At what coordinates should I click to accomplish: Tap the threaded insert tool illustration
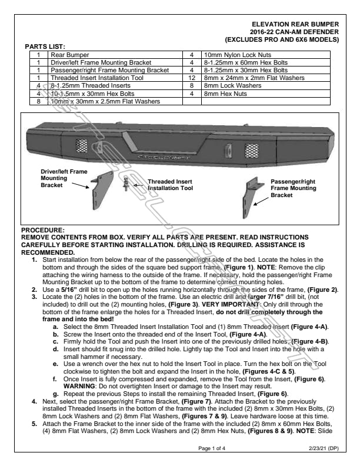(x=127, y=187)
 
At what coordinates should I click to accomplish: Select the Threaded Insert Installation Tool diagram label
(x=169, y=185)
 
